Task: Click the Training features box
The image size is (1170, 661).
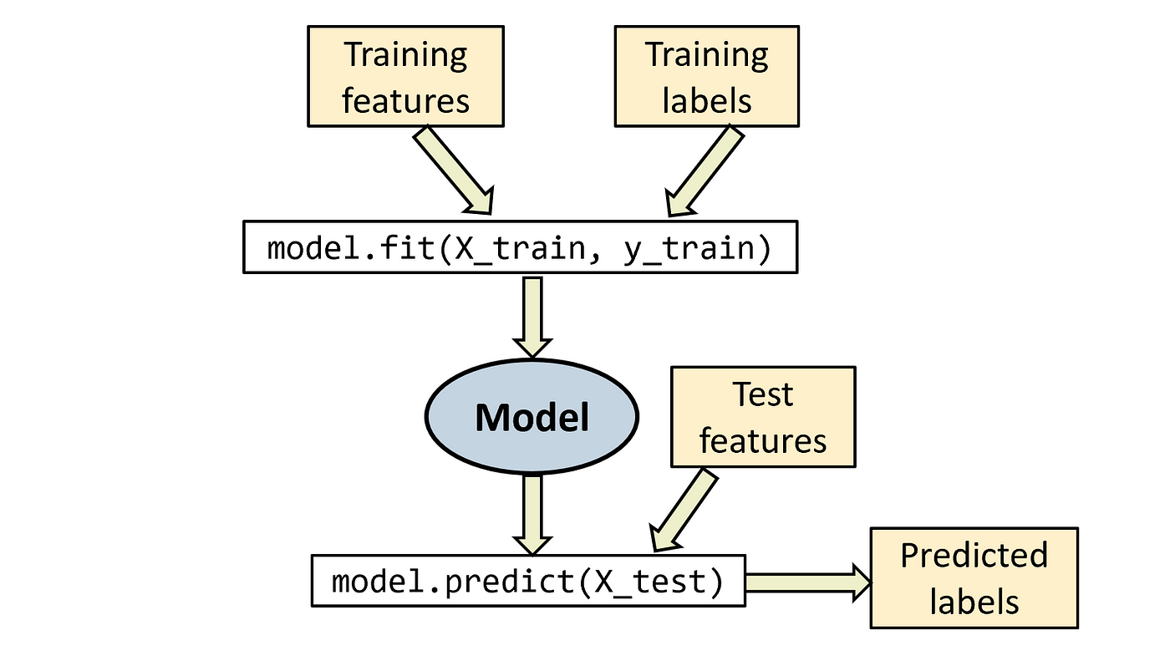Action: point(405,77)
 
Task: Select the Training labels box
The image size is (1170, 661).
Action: point(706,77)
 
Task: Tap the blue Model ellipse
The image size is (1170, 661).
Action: point(532,416)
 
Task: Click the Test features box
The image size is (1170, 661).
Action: point(762,416)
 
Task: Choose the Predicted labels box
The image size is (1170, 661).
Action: point(974,577)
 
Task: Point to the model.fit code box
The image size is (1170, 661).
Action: point(519,247)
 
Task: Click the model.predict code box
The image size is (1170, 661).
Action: point(527,579)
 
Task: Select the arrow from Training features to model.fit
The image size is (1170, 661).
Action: point(454,170)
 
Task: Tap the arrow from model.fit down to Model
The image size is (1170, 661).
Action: point(532,318)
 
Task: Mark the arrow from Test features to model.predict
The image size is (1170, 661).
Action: point(684,510)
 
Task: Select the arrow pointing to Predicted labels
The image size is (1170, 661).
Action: point(807,581)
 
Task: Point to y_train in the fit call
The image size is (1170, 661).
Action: point(687,248)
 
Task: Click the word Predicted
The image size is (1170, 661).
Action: point(974,555)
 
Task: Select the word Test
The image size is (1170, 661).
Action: point(762,394)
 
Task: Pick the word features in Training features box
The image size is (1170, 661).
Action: point(405,101)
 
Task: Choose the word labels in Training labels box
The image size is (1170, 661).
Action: point(706,101)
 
